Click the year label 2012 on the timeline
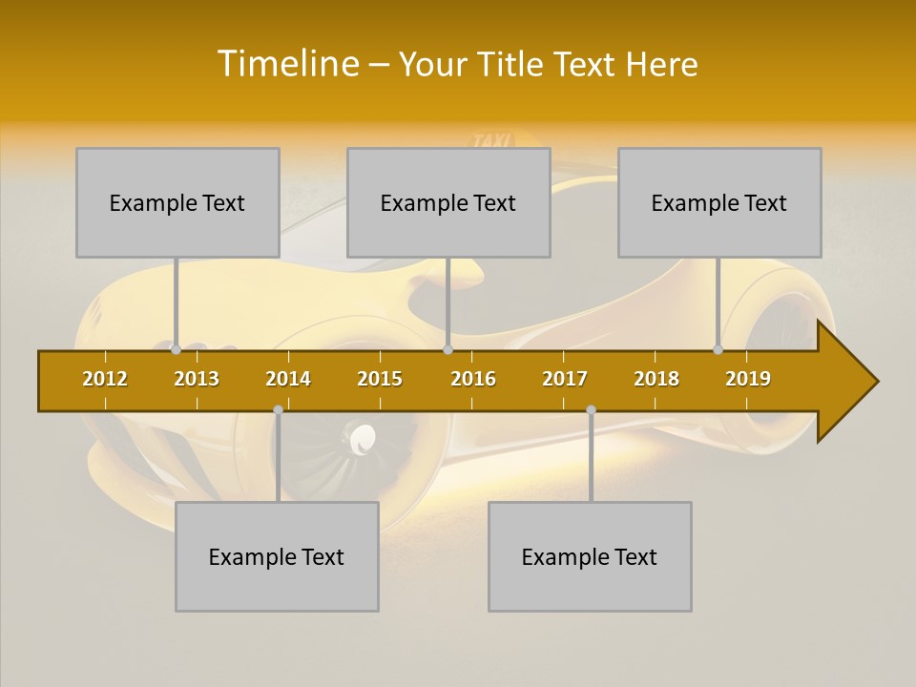click(105, 379)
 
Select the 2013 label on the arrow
click(197, 379)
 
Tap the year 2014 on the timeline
click(288, 379)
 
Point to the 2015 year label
click(380, 379)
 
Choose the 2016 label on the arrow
click(473, 379)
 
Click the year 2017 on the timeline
click(565, 379)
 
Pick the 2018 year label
click(656, 379)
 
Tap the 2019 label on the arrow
click(748, 379)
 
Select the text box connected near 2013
click(177, 202)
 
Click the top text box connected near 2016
click(448, 202)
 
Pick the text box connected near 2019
click(719, 202)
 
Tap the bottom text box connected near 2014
click(277, 556)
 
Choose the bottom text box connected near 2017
click(590, 556)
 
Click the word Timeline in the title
click(285, 64)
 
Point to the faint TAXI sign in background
click(493, 141)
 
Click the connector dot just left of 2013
click(176, 350)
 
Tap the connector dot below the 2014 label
click(278, 410)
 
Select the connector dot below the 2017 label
click(591, 410)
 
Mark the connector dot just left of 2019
click(718, 350)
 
